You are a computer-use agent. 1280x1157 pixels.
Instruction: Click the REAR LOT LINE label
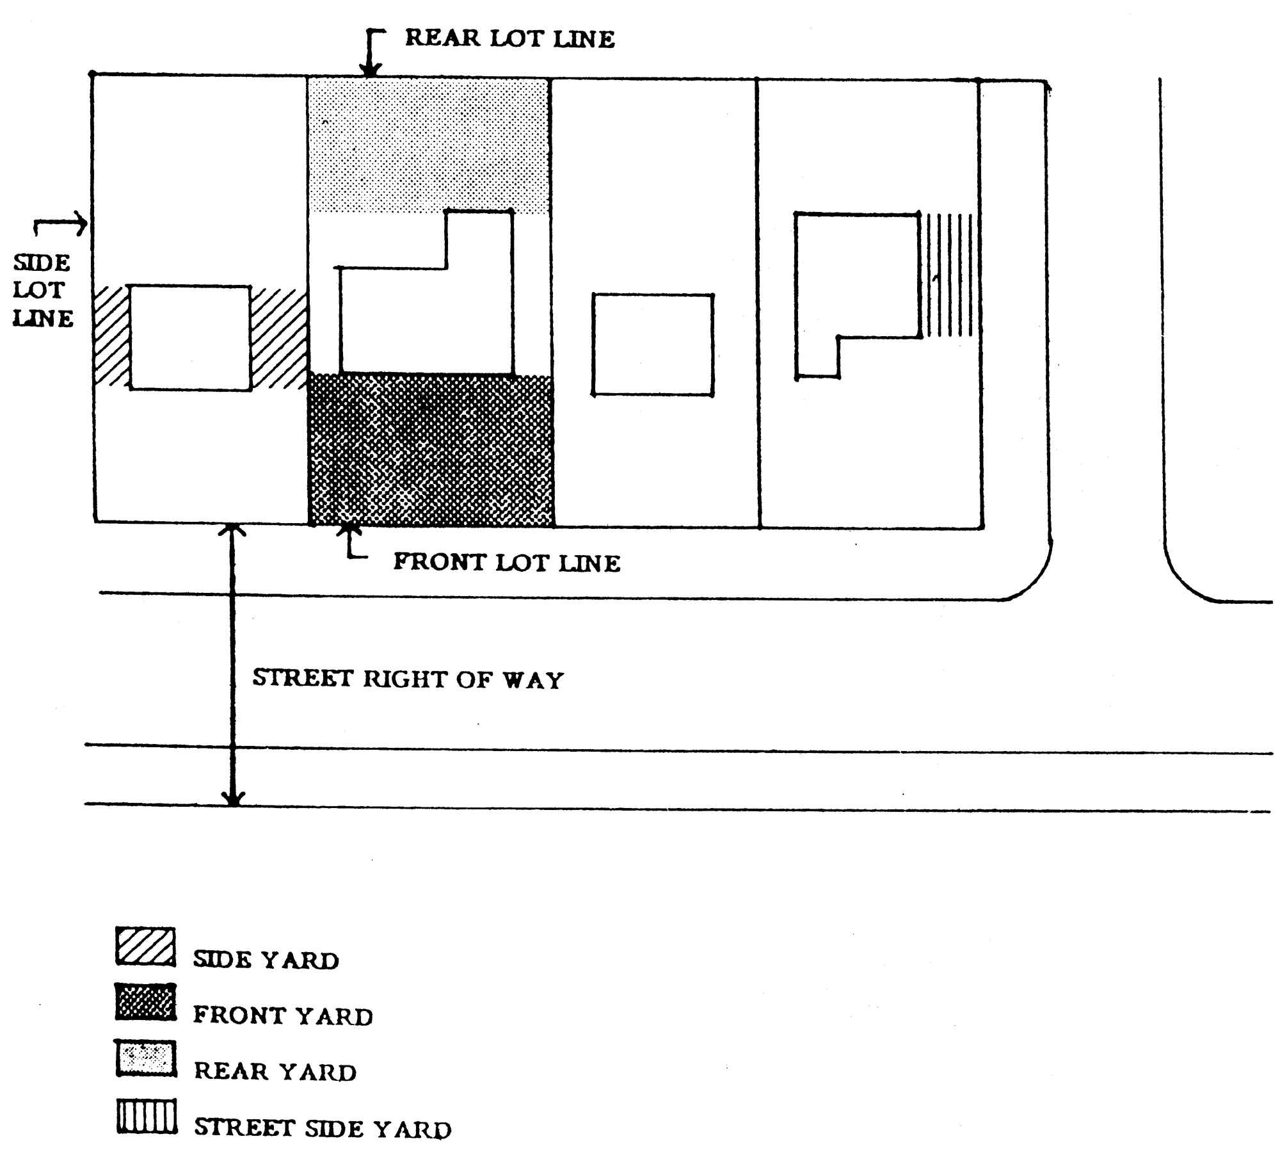[509, 38]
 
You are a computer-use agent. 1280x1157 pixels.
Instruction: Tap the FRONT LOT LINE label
[506, 562]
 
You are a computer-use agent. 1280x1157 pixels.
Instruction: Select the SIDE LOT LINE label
[43, 291]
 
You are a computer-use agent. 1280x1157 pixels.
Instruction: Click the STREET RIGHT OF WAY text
[408, 679]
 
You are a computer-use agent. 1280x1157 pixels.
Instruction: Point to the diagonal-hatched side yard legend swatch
[146, 946]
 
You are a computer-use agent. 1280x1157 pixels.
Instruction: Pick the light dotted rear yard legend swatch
[146, 1058]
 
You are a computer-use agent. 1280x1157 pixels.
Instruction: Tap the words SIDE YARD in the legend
[266, 959]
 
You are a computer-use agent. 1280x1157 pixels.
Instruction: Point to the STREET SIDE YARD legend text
[323, 1128]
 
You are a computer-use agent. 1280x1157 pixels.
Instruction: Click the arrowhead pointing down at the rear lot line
[370, 70]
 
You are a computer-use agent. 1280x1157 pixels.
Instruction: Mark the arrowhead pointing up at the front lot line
[348, 530]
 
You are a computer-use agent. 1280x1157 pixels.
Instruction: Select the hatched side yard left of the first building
[112, 337]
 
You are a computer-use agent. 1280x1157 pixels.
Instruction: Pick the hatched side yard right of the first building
[278, 338]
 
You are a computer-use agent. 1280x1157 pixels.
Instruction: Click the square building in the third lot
[653, 345]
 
